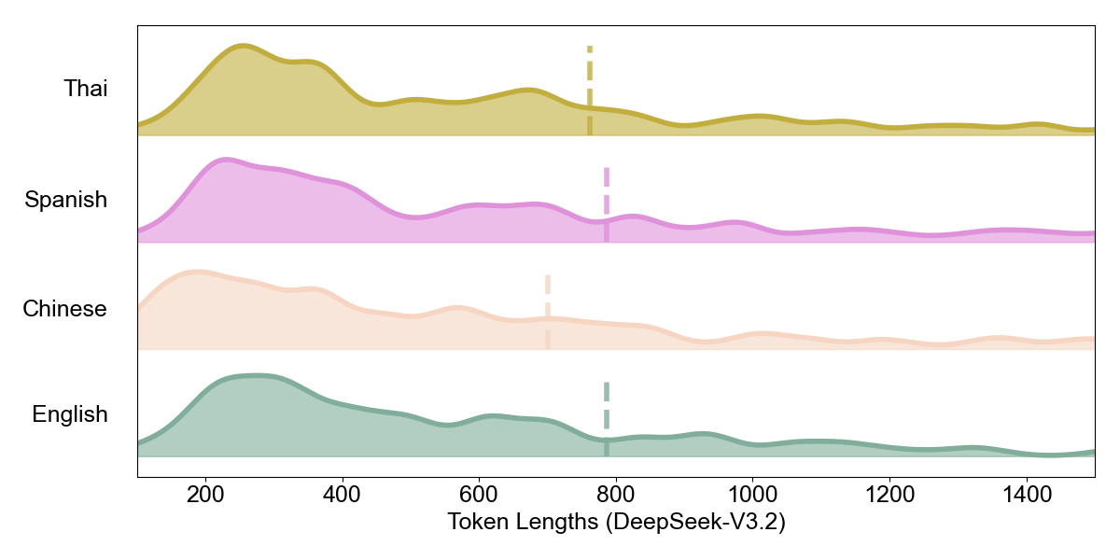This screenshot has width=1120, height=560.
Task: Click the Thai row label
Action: click(86, 89)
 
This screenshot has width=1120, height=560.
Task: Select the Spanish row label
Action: click(66, 199)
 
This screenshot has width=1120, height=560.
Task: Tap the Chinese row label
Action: click(65, 309)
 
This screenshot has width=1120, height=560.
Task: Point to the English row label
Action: click(70, 414)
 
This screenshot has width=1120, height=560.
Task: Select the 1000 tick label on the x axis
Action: click(752, 494)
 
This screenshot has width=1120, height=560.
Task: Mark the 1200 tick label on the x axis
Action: click(889, 494)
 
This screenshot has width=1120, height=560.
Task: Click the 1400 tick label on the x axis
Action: click(1026, 494)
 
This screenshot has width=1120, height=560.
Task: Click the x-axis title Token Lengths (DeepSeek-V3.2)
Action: click(616, 523)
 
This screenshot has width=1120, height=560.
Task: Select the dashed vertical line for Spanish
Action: click(607, 203)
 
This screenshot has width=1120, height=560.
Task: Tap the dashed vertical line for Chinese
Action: click(548, 311)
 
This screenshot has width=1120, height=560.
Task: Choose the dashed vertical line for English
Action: click(607, 418)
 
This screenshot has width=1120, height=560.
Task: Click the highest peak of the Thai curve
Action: click(243, 45)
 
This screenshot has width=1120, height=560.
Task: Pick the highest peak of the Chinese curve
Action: click(197, 272)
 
